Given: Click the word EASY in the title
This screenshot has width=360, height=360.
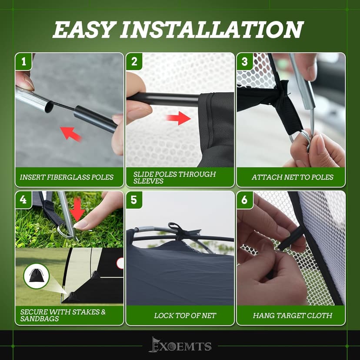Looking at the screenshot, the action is (83, 30).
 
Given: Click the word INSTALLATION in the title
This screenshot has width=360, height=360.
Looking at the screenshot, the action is (212, 30).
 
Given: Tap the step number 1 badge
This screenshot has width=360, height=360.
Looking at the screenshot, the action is (23, 62).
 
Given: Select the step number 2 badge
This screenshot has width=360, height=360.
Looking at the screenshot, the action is (134, 62).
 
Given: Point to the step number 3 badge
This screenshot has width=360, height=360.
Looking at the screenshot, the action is (245, 62).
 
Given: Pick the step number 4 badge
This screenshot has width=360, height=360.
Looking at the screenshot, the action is (23, 200).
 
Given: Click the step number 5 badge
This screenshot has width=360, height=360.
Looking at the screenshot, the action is (134, 200).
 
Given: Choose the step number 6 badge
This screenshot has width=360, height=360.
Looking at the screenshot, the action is (245, 200).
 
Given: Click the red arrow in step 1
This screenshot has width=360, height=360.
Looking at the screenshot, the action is (70, 133).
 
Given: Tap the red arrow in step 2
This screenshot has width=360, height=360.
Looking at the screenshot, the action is (178, 118).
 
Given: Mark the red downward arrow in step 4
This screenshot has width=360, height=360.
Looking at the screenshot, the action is (77, 210).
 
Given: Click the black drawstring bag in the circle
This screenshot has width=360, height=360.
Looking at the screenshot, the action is (36, 276).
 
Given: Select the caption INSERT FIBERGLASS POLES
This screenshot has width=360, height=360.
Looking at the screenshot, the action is (67, 177).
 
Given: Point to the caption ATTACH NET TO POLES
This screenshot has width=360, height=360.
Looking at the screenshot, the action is (292, 177).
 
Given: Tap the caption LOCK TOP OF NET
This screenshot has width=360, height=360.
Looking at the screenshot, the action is (185, 316).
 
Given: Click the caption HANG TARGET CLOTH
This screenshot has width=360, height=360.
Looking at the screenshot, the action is (293, 316).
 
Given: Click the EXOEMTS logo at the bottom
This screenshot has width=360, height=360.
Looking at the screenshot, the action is (180, 345).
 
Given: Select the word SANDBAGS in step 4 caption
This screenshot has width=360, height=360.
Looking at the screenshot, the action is (40, 319).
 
